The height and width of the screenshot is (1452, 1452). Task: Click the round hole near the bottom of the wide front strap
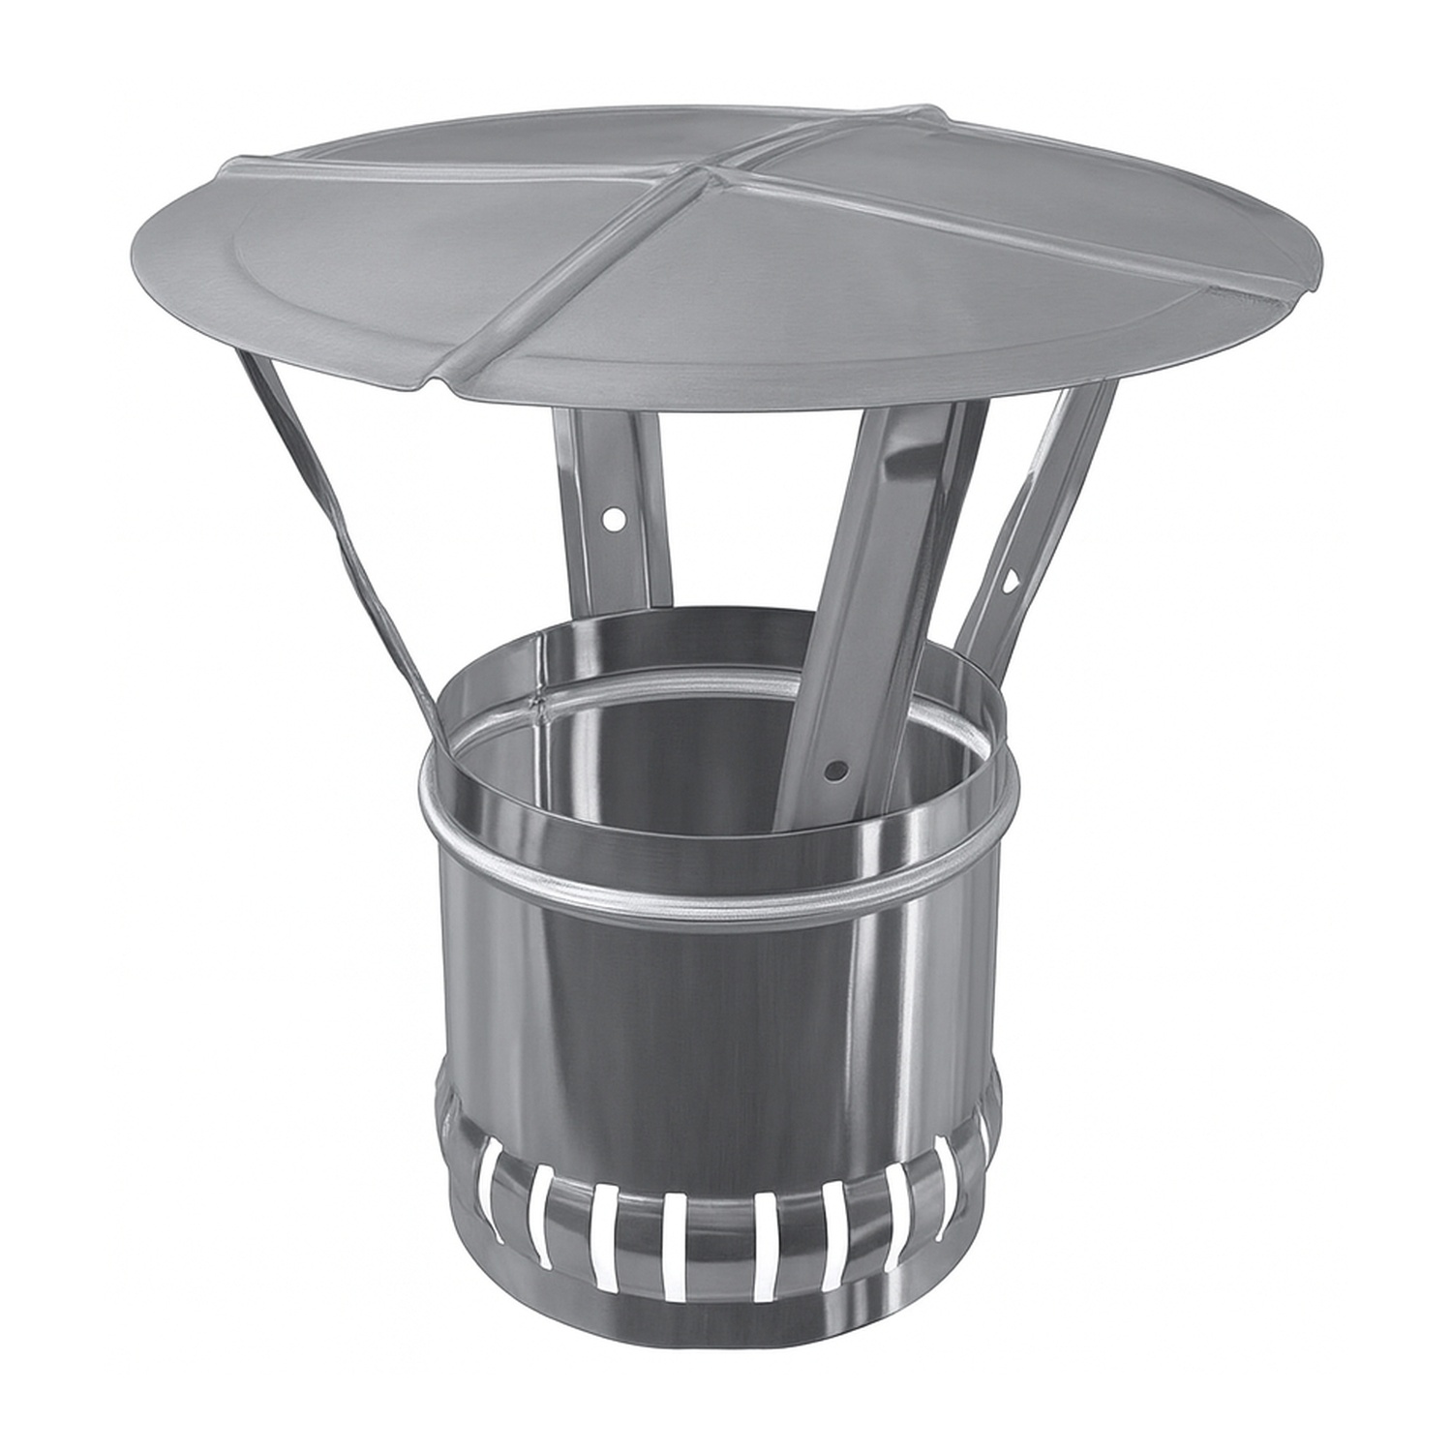pyautogui.click(x=833, y=771)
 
